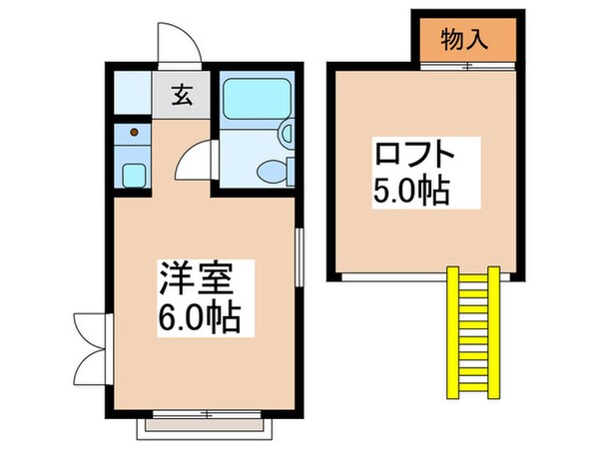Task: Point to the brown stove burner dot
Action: (133, 130)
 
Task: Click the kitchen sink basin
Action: (133, 173)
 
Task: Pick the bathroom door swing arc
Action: (197, 160)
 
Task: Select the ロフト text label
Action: (414, 156)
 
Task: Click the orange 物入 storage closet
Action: (464, 41)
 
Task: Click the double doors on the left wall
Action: (89, 340)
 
